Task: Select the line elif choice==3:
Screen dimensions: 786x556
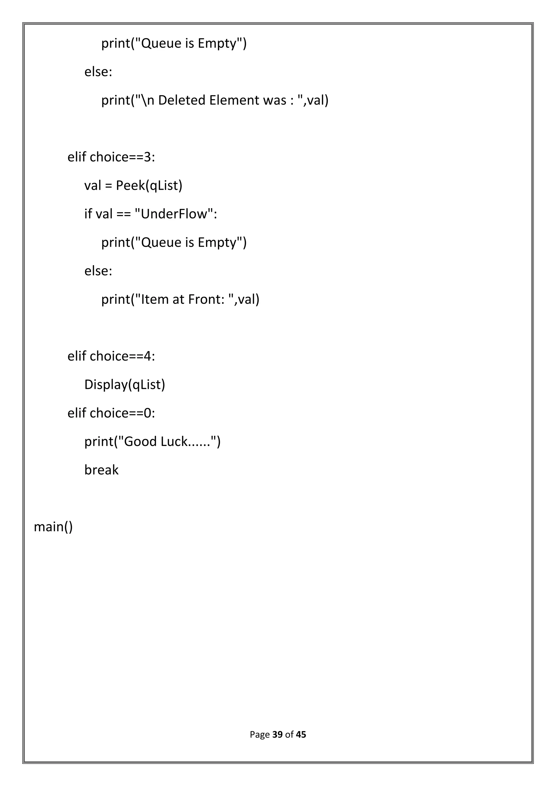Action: pos(111,157)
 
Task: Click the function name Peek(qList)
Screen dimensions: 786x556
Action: pos(149,186)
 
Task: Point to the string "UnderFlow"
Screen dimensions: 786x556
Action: pos(174,214)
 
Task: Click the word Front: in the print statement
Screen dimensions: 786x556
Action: pos(205,299)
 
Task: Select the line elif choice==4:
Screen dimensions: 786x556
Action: pos(111,356)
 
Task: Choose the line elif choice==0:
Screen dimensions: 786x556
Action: pos(111,413)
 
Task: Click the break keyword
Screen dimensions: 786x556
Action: pos(101,470)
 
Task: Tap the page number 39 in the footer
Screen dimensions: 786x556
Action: pos(277,735)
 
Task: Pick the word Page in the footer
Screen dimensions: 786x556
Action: pos(260,735)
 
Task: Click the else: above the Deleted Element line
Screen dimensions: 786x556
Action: pos(98,72)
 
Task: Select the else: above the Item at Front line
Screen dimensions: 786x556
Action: pos(98,271)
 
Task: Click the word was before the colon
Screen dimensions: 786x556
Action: pos(274,100)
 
